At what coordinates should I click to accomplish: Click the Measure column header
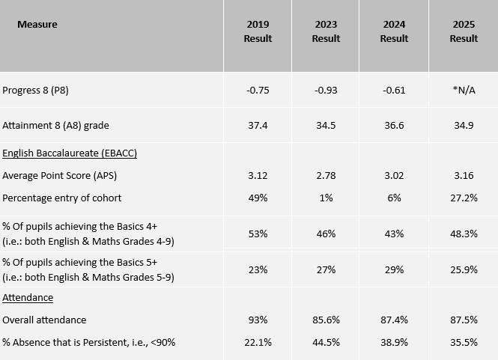coord(37,24)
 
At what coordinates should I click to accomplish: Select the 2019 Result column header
coord(258,31)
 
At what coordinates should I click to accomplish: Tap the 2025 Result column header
coord(464,31)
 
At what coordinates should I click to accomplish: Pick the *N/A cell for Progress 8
coord(464,91)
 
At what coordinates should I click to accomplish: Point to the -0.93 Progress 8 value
coord(326,91)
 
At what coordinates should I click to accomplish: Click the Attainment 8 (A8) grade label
coord(55,125)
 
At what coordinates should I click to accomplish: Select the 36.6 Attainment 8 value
coord(394,125)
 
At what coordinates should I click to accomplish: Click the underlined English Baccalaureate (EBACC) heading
coord(70,153)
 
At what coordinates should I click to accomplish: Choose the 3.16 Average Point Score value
coord(464,175)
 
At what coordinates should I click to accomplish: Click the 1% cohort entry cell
coord(326,198)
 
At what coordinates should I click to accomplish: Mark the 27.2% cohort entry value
coord(464,198)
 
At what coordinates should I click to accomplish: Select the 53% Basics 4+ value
coord(258,234)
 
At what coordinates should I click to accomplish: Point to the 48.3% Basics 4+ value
coord(464,234)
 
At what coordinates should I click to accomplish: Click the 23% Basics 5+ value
coord(258,269)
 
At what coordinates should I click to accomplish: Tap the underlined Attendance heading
coord(28,297)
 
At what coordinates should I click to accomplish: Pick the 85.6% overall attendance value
coord(326,320)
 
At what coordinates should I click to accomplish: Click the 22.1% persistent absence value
coord(258,342)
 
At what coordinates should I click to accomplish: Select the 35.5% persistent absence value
coord(464,342)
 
